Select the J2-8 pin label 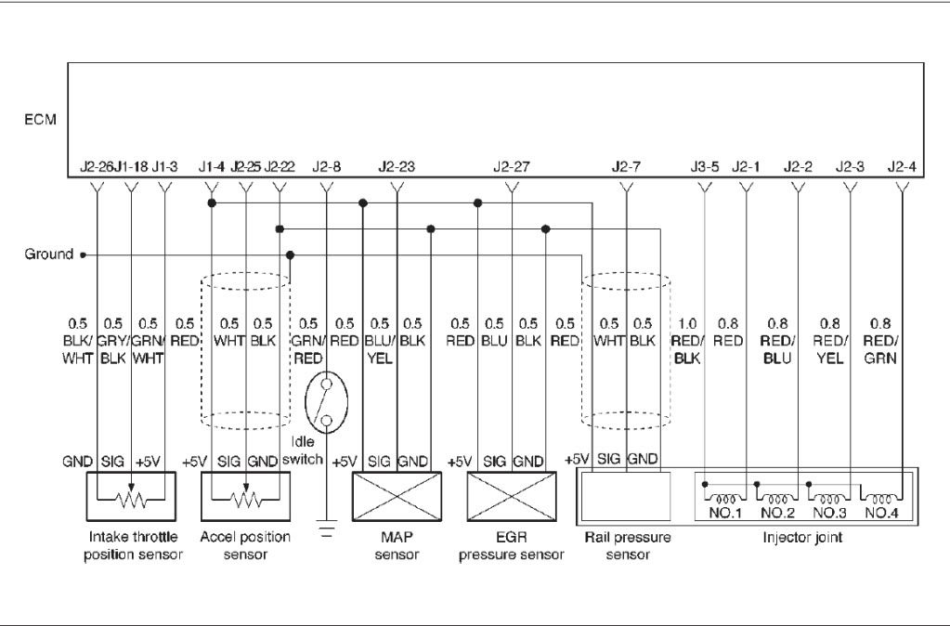[x=326, y=168]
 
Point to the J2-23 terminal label [x=397, y=168]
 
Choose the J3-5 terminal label [x=705, y=168]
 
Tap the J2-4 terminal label [x=902, y=168]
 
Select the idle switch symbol [x=326, y=403]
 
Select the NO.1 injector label [x=721, y=512]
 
